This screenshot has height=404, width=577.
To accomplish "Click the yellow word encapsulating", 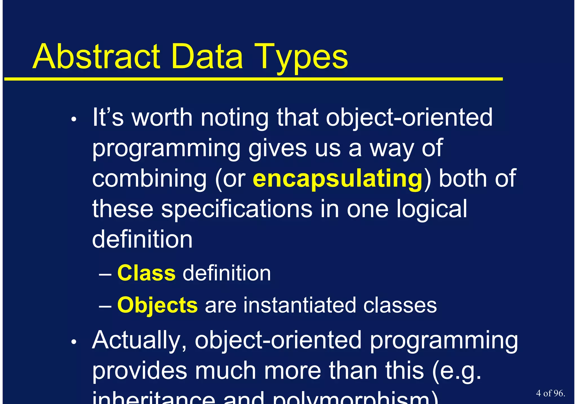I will click(338, 178).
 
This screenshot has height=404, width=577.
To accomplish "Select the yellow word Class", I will click(146, 273).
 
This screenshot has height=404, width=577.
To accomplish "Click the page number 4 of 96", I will click(551, 393).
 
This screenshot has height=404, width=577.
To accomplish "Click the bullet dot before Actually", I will click(74, 342).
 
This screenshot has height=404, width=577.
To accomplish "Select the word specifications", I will click(237, 209).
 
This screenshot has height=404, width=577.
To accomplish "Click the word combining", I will click(149, 179).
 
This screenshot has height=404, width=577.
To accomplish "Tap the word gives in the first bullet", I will click(277, 149).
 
